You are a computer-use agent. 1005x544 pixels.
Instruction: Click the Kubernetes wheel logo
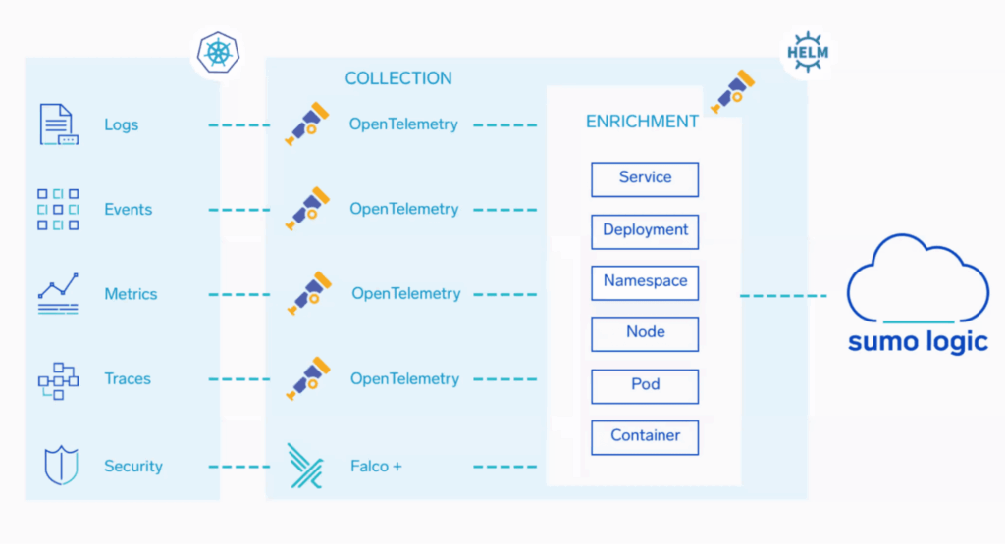(x=217, y=52)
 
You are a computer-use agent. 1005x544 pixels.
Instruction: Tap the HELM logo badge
(x=807, y=52)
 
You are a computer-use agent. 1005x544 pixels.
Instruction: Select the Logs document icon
(x=58, y=124)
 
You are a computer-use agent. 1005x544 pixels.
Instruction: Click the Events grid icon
(x=58, y=210)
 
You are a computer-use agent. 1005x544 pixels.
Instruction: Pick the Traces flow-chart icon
(x=58, y=379)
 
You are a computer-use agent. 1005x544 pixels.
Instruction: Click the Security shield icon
(x=60, y=466)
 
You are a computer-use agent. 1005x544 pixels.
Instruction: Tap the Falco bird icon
(x=304, y=466)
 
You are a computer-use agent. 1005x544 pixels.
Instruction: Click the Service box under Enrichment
(x=645, y=179)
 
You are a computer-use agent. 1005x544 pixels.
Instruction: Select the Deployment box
(x=645, y=231)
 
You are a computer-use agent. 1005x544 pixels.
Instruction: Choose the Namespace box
(x=645, y=282)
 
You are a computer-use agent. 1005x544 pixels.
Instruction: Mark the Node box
(x=645, y=334)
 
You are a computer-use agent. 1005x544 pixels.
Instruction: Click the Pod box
(x=645, y=386)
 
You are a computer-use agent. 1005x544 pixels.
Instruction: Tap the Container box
(x=645, y=437)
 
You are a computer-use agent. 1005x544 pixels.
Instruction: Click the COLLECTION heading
(x=398, y=78)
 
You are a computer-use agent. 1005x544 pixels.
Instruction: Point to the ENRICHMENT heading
(x=642, y=122)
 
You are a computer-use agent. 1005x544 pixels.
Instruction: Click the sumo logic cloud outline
(x=917, y=279)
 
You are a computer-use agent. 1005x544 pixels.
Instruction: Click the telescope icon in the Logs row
(x=306, y=124)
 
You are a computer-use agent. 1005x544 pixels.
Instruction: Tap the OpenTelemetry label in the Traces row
(x=404, y=379)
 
